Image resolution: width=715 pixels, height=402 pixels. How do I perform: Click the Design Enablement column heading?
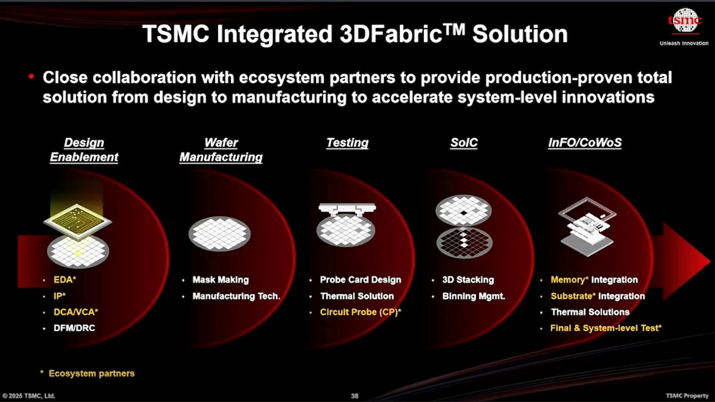84,150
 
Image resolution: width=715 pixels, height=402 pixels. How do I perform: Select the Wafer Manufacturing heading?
221,150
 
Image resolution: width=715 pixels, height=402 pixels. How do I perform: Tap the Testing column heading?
347,143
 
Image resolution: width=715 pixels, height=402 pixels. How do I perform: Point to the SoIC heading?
464,143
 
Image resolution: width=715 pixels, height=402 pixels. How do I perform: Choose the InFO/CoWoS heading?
585,143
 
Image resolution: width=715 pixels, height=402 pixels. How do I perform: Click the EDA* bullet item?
65,280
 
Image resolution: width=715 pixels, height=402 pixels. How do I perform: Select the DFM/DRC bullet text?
74,328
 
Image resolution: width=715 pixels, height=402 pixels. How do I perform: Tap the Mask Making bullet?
221,280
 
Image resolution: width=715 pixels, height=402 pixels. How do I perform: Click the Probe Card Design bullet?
360,280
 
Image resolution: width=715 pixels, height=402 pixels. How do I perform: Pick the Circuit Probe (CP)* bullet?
360,312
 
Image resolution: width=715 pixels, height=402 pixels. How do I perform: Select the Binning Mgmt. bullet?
474,296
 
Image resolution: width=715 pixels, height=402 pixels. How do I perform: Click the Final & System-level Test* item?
606,328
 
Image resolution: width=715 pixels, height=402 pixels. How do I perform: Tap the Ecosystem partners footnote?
91,373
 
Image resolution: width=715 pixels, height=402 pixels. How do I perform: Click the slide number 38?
355,396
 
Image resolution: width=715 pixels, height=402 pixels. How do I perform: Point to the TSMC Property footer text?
687,396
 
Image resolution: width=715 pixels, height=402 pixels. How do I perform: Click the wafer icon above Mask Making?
220,233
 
